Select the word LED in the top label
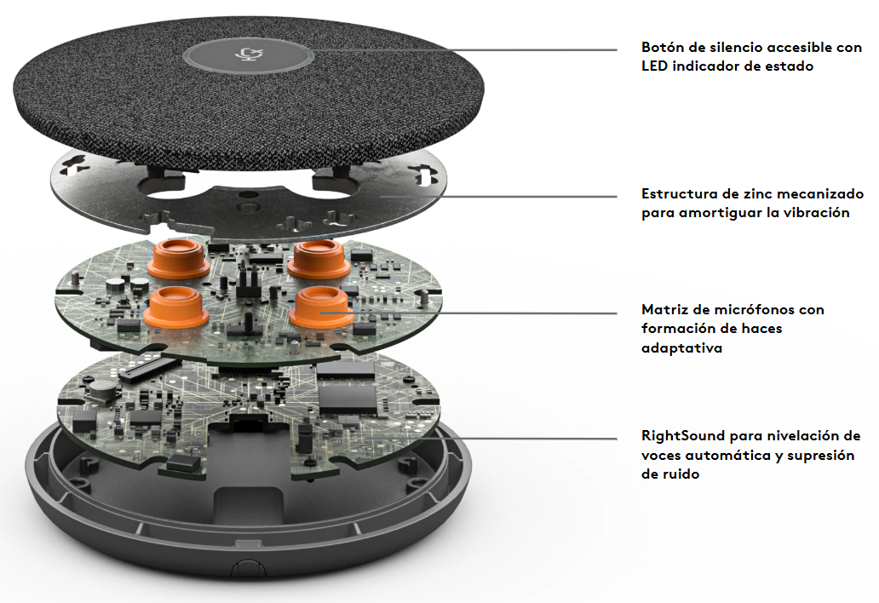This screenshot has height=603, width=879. point(654,66)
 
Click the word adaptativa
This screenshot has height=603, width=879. point(681,348)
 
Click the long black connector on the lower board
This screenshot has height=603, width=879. point(147,370)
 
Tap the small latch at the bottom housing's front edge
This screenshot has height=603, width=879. point(242,568)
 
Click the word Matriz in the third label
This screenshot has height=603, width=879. point(665,309)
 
